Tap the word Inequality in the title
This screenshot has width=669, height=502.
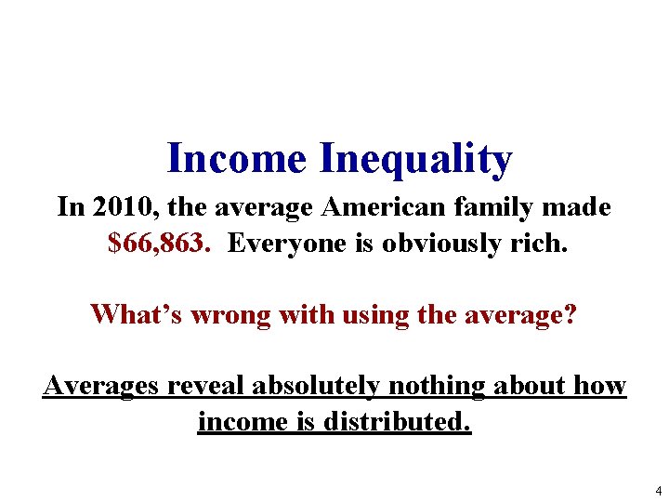pos(414,160)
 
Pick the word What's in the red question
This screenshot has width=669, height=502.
pos(137,314)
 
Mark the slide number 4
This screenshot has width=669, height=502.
pos(658,490)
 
